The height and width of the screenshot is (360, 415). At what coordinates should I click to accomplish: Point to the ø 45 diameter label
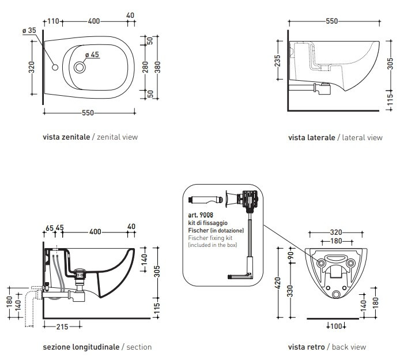92,55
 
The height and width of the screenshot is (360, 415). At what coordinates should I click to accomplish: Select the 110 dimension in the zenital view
54,21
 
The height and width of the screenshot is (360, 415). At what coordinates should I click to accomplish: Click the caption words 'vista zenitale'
66,137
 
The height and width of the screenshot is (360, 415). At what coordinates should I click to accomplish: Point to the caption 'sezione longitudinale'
80,347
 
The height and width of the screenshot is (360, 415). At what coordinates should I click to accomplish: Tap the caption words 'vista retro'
307,347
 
